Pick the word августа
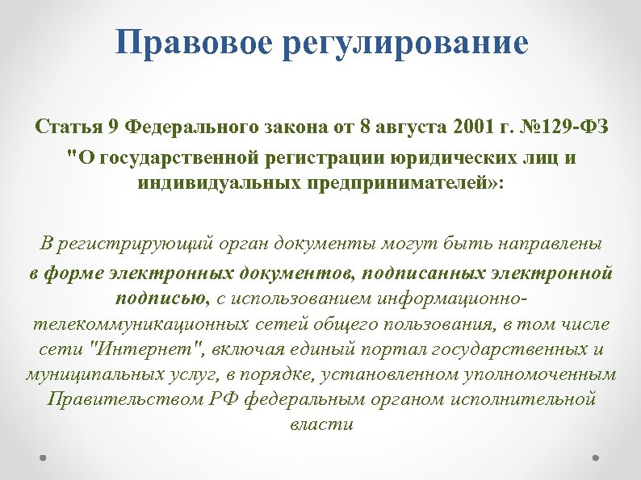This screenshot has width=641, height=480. click(x=373, y=127)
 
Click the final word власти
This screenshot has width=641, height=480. click(x=320, y=424)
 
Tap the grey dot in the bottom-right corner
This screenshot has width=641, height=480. click(x=596, y=457)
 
